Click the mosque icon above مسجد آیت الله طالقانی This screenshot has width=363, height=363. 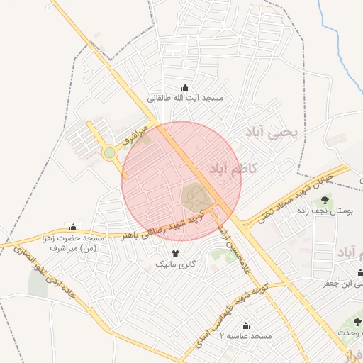tap(185, 87)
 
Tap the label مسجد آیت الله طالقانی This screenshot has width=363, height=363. tap(185, 99)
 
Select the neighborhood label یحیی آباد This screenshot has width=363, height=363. tap(273, 133)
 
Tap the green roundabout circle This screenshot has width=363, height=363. tap(109, 152)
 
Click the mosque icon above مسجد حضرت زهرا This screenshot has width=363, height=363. tap(74, 227)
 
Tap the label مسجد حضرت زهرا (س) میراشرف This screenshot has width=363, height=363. tap(74, 243)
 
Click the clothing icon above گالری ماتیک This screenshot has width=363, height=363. tap(175, 252)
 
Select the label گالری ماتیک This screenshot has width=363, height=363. tap(175, 264)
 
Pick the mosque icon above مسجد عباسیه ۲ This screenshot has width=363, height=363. tap(245, 325)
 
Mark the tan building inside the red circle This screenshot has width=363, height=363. tap(196, 196)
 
